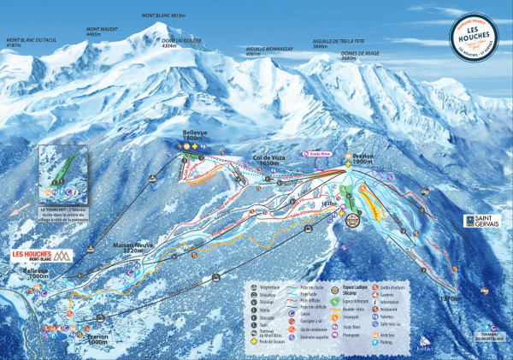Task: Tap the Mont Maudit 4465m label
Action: point(101,32)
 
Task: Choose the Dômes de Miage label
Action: point(360,56)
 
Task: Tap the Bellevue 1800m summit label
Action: point(195,136)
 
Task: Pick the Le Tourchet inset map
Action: point(63,175)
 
